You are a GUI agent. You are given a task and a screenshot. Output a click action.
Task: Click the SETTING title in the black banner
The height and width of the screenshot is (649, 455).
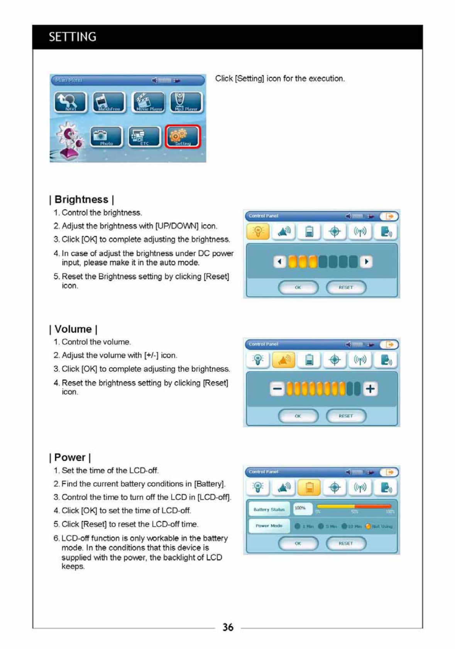point(72,37)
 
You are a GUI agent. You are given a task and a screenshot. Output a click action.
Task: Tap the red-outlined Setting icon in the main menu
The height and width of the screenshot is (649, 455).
point(183,137)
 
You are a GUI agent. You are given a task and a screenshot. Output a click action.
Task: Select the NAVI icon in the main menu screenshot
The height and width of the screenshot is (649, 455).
point(70,102)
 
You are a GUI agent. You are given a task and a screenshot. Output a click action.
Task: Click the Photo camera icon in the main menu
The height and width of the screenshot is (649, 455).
point(106,137)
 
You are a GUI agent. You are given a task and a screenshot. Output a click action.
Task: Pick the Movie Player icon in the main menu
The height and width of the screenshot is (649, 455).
point(148,102)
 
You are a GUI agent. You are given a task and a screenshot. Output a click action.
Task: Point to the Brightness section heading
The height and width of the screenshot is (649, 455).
point(81,199)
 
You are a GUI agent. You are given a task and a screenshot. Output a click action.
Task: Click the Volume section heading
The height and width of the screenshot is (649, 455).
point(73,329)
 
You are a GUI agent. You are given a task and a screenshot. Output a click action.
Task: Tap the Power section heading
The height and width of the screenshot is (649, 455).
point(70,458)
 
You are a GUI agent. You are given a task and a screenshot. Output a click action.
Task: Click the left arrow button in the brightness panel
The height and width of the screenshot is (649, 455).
point(279,262)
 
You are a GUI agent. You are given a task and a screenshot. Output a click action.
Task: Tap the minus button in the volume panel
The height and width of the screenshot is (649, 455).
point(277,389)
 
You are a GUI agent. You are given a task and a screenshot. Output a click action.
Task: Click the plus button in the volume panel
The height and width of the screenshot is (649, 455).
point(370,389)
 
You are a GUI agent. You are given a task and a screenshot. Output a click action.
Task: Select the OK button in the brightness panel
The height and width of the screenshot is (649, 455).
point(298,287)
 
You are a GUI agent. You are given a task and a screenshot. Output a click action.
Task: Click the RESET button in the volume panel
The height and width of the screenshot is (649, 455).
point(346,416)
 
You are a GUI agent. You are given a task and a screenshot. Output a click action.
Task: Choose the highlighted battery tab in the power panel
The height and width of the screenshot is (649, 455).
point(309,488)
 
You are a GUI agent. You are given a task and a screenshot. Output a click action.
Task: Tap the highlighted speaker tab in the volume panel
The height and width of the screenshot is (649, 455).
point(284,360)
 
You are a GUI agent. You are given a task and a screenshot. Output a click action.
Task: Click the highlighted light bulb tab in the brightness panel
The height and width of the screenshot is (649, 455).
point(258,232)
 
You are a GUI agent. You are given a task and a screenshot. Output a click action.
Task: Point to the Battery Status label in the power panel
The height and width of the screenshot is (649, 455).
point(269,510)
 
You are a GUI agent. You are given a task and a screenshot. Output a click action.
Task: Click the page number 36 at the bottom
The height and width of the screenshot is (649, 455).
point(228,627)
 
